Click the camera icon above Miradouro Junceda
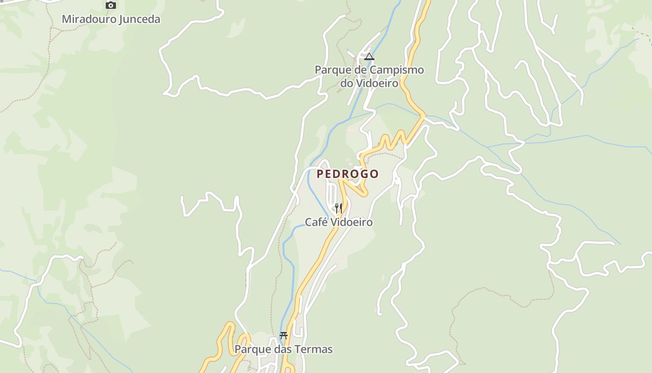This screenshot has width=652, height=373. pyautogui.click(x=110, y=6)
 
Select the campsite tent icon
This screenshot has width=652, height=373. pyautogui.click(x=369, y=57)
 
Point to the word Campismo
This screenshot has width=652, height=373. pyautogui.click(x=397, y=70)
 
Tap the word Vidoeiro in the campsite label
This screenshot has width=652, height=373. pyautogui.click(x=377, y=83)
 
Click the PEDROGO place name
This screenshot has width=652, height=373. pyautogui.click(x=347, y=174)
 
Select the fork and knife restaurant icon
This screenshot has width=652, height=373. pyautogui.click(x=339, y=208)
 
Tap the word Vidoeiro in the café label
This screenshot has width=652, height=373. pyautogui.click(x=351, y=222)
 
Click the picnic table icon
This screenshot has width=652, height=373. pyautogui.click(x=284, y=335)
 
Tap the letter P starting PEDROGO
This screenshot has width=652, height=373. pyautogui.click(x=320, y=174)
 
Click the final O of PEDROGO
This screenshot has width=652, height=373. pyautogui.click(x=374, y=174)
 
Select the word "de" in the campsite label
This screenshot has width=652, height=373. pyautogui.click(x=360, y=70)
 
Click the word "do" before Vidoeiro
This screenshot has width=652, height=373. pyautogui.click(x=346, y=83)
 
